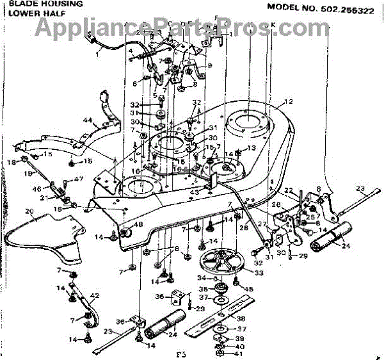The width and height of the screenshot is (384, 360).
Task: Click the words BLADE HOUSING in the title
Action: click(33, 4)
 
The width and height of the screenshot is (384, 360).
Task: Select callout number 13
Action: click(252, 148)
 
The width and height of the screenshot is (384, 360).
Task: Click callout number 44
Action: click(88, 120)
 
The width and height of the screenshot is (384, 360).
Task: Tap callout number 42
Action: click(95, 295)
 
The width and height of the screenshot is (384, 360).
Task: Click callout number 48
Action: click(138, 225)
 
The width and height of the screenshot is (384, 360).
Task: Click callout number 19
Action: click(28, 173)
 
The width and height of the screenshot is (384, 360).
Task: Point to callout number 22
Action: click(288, 190)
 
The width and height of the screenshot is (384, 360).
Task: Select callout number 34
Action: click(201, 278)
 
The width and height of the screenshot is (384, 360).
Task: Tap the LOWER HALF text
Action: click(24, 13)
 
